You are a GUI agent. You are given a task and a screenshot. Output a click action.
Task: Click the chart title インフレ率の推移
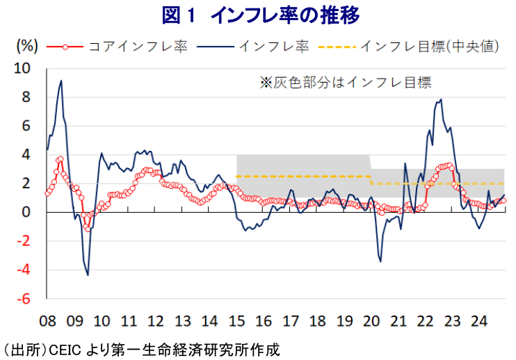[x=285, y=15]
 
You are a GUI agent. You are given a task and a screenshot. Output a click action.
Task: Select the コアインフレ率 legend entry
[x=117, y=47]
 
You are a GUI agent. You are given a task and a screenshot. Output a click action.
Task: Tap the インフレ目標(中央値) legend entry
[x=408, y=47]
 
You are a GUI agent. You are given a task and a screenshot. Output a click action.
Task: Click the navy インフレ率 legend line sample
[x=215, y=47]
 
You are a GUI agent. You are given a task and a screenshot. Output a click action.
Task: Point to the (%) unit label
[x=27, y=46]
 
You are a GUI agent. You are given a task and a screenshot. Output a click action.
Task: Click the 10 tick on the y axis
[x=22, y=68]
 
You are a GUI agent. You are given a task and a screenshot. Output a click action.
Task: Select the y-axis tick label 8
[x=26, y=97]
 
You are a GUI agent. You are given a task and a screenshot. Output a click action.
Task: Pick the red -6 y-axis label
[x=24, y=299]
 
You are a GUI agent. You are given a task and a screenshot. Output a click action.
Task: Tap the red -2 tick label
[x=24, y=241]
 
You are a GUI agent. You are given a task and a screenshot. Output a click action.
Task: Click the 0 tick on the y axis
[x=26, y=213]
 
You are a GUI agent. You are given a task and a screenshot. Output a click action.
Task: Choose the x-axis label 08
[x=48, y=321]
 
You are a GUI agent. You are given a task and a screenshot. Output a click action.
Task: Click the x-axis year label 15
[x=236, y=321]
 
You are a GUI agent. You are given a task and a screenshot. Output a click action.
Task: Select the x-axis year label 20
[x=371, y=321]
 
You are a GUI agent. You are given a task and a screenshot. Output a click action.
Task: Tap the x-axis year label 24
[x=479, y=321]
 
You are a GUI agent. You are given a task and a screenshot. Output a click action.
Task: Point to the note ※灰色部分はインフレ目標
[x=345, y=83]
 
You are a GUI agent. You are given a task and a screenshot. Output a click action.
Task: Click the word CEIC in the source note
[x=65, y=350]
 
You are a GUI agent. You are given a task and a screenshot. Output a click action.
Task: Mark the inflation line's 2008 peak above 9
[x=61, y=81]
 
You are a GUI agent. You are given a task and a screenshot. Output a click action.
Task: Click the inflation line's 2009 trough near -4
[x=88, y=275]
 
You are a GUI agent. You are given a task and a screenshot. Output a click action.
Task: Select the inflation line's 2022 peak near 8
[x=441, y=99]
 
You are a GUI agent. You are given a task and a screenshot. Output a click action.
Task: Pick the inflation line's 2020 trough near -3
[x=381, y=262]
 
